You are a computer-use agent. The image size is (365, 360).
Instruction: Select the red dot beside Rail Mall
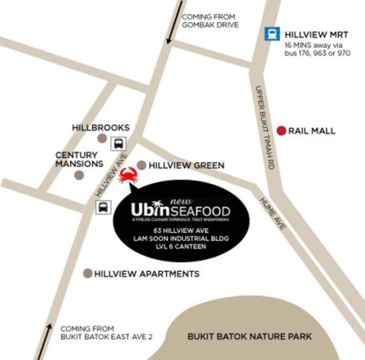pyautogui.click(x=282, y=131)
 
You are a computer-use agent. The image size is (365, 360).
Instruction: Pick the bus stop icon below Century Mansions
pyautogui.click(x=104, y=207)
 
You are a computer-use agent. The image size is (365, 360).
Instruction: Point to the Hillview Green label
pyautogui.click(x=186, y=165)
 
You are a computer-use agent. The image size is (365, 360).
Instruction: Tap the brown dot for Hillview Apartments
pyautogui.click(x=87, y=273)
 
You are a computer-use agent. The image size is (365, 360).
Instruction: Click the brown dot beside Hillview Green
pyautogui.click(x=141, y=165)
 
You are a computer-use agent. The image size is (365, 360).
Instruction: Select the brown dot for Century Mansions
pyautogui.click(x=79, y=175)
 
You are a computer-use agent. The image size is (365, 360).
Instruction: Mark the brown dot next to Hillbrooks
pyautogui.click(x=102, y=138)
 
